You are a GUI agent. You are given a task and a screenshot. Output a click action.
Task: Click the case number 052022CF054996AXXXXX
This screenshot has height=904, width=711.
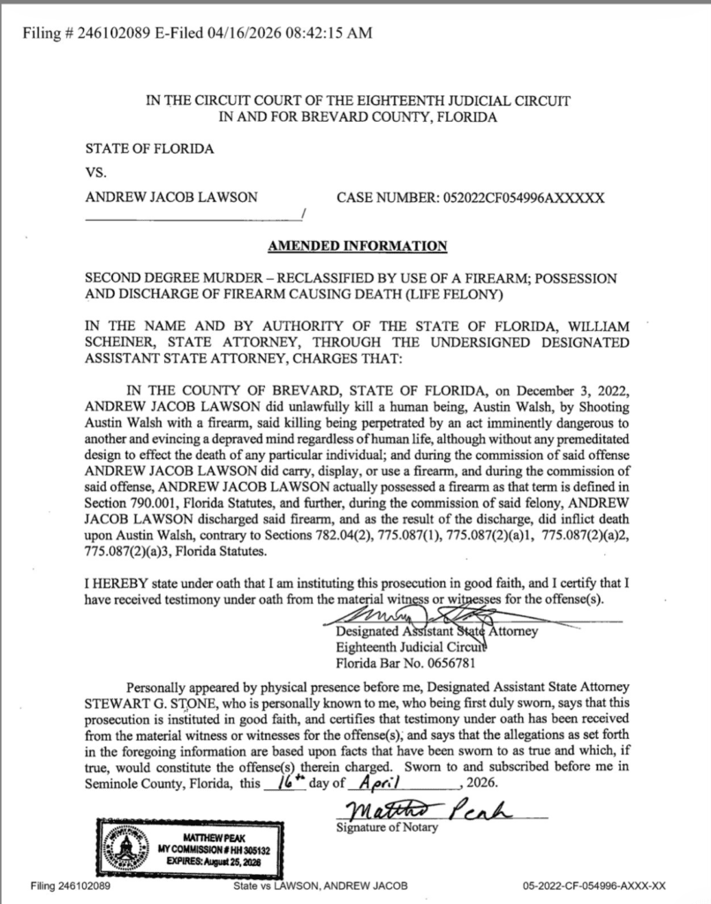(516, 198)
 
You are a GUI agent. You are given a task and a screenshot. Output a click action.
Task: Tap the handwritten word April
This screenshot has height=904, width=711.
(382, 783)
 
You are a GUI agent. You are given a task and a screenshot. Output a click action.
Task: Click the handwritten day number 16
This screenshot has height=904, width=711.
(286, 781)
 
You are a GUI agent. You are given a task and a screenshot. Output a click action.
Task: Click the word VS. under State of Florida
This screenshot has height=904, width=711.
(95, 173)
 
